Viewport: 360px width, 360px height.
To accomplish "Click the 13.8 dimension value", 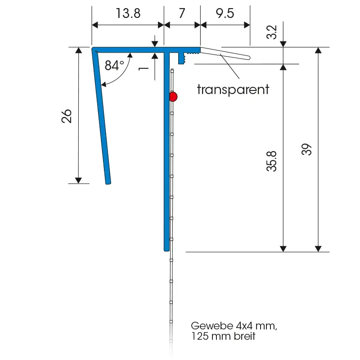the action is tap(128, 13).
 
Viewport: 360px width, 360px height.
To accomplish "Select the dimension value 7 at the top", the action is tap(182, 13).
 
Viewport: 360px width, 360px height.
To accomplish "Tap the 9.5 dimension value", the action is tap(225, 13).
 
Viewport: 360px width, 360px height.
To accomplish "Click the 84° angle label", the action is tap(114, 66).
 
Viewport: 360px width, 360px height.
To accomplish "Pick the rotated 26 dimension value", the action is tap(67, 116).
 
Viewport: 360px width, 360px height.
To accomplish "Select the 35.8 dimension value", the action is tap(271, 161).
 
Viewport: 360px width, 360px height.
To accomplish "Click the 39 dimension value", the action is tap(306, 149).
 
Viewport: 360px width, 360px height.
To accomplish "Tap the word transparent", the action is tap(233, 89).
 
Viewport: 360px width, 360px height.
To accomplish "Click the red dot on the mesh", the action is tap(173, 96).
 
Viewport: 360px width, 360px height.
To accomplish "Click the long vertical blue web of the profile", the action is tap(166, 153).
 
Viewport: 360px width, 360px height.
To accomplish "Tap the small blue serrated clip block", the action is tap(183, 58).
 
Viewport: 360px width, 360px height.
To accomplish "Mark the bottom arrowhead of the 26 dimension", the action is tap(79, 180).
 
